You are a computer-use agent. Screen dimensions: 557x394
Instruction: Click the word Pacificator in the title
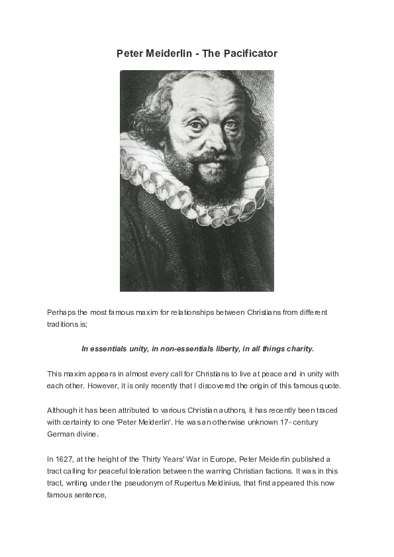coord(250,53)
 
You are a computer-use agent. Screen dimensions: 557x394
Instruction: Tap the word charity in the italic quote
coord(296,348)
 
